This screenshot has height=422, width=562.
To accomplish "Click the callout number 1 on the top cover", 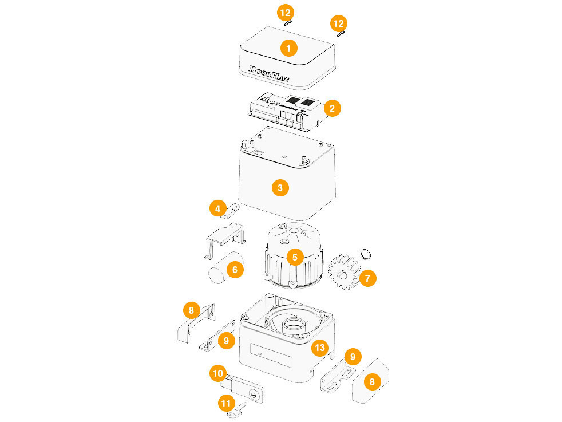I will click(288, 48).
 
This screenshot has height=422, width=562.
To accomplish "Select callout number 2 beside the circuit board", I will click(332, 107).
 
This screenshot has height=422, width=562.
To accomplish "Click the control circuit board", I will click(286, 110).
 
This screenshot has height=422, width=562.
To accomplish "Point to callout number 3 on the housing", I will click(280, 187).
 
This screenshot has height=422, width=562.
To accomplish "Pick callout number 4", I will click(217, 208).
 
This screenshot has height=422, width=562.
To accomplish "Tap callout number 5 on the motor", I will click(295, 257).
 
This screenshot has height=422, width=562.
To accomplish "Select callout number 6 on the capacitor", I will click(235, 269).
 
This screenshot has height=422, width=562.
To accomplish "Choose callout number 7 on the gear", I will click(367, 279).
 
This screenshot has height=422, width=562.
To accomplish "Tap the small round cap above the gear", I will click(365, 253).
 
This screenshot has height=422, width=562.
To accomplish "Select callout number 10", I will click(217, 373).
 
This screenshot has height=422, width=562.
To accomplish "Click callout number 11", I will click(227, 403).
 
